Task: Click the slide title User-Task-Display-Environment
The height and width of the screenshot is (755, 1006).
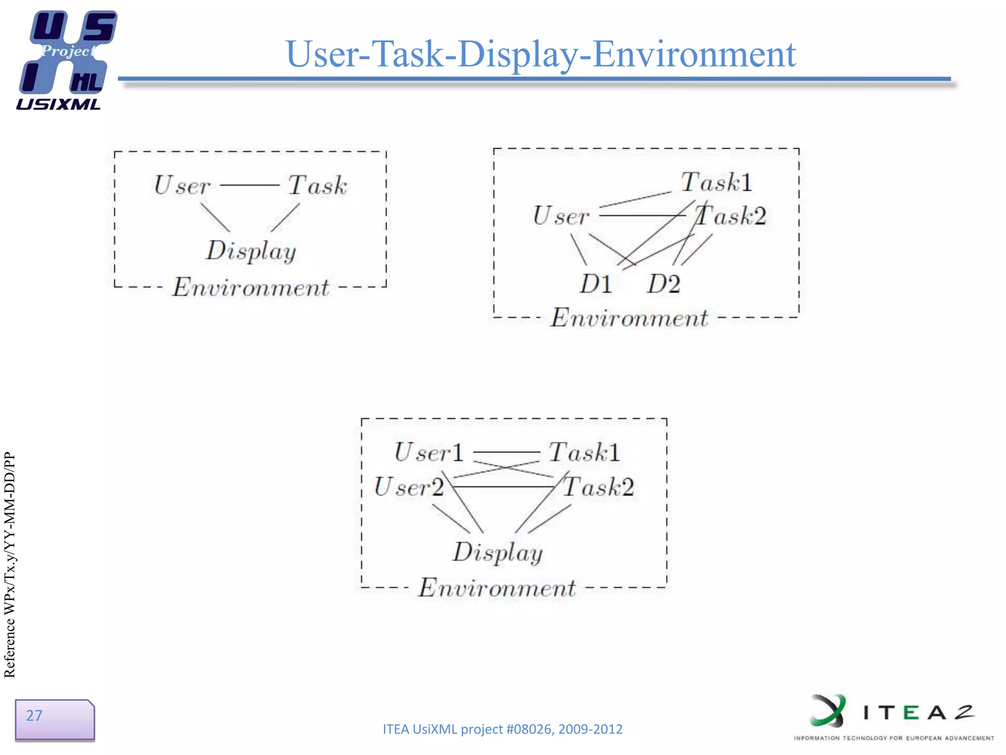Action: click(x=540, y=54)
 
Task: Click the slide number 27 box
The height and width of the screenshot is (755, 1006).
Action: click(x=54, y=719)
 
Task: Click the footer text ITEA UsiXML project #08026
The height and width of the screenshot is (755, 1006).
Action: click(x=502, y=729)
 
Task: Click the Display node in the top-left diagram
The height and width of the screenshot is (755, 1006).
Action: click(x=251, y=251)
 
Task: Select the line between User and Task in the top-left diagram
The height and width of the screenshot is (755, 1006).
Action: click(x=250, y=185)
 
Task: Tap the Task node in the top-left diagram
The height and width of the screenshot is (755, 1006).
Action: click(x=317, y=185)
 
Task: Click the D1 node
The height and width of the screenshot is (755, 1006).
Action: click(x=596, y=284)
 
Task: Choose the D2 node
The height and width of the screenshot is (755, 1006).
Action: click(x=664, y=284)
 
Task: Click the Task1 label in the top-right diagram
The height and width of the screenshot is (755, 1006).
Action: click(x=716, y=182)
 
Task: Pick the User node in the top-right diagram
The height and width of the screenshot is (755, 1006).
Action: click(x=560, y=216)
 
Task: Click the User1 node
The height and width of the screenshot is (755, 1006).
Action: click(x=429, y=452)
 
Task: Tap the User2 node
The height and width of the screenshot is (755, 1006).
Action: click(x=409, y=487)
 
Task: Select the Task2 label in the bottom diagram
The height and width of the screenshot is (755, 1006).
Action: click(x=599, y=487)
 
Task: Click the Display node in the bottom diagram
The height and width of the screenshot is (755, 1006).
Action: click(x=498, y=552)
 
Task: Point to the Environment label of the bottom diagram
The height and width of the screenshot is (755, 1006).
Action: click(x=497, y=588)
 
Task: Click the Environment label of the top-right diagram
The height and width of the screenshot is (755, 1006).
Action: click(x=629, y=318)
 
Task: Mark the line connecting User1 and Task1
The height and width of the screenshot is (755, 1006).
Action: click(x=506, y=452)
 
